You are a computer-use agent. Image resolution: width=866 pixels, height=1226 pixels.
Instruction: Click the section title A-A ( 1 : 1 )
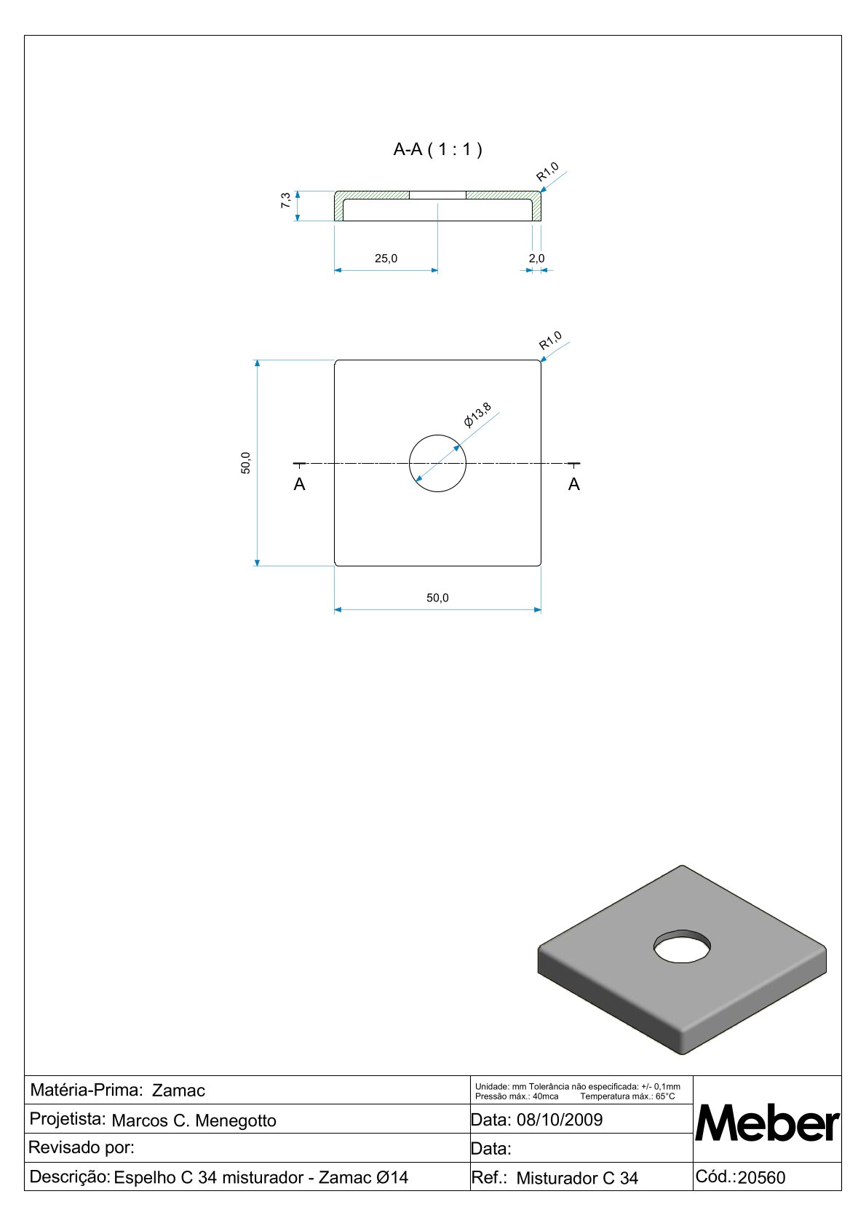[437, 149]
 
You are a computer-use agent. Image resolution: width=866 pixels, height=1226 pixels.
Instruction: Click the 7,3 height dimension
[285, 200]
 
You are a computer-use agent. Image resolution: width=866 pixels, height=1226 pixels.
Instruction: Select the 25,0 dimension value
[386, 258]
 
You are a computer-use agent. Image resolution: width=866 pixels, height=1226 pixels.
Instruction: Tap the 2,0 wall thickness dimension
[536, 258]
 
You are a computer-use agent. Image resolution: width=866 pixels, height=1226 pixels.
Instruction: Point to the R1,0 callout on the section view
[547, 172]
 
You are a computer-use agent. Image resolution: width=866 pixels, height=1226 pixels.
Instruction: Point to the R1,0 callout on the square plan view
[550, 341]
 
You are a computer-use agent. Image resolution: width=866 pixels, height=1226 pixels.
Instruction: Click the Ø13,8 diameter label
[477, 414]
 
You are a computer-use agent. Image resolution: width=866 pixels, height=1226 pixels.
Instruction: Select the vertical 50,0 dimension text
[246, 463]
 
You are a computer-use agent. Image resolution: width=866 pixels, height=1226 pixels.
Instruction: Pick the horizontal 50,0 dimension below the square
[437, 598]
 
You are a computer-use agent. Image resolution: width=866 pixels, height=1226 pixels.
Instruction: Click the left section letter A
[299, 484]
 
